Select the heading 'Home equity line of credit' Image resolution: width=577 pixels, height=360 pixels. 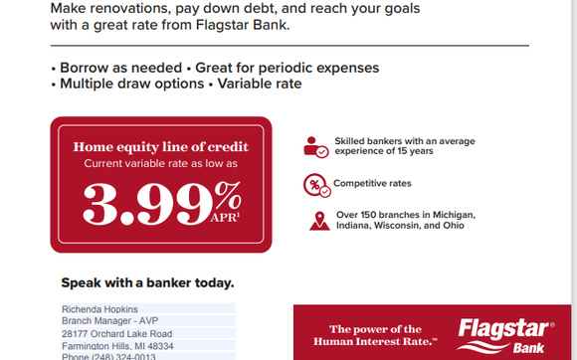click(160, 147)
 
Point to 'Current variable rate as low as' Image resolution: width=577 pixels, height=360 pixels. click(160, 162)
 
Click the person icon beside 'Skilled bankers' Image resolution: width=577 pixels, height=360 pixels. click(315, 146)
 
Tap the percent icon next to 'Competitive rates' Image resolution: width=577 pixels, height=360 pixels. click(315, 184)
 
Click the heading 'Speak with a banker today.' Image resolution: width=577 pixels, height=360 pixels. click(148, 282)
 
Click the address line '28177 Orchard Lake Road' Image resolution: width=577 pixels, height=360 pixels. click(116, 334)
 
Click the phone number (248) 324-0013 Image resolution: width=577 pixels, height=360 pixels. click(109, 356)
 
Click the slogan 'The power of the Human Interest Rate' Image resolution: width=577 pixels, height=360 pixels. click(375, 334)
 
